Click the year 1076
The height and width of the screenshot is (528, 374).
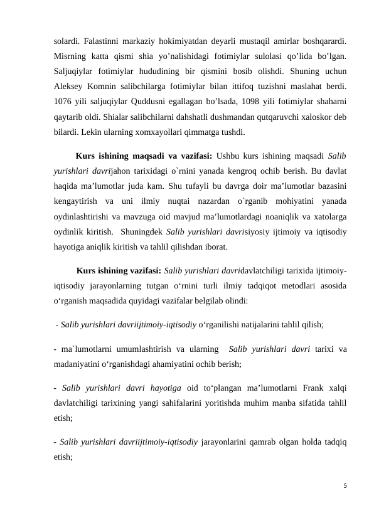tap(63, 102)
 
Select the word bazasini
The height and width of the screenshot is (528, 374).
tap(331, 186)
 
